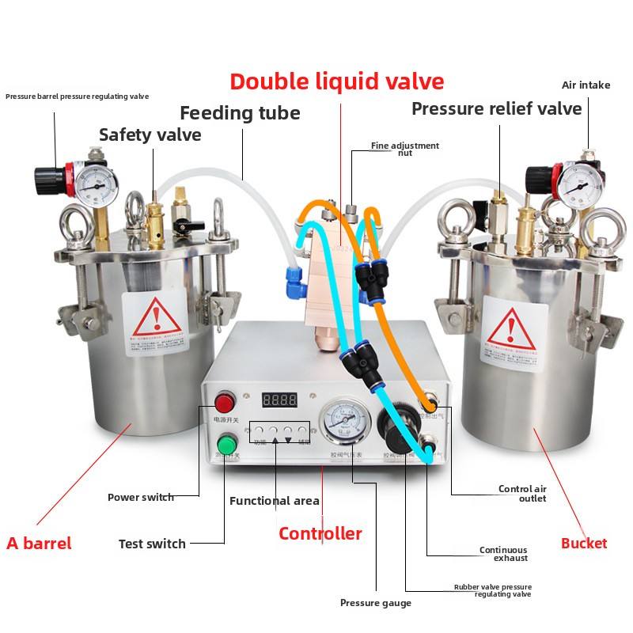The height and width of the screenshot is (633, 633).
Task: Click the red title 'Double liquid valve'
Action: click(337, 81)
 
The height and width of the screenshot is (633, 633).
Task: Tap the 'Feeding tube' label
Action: click(240, 113)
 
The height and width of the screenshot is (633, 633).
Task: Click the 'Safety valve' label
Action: click(150, 135)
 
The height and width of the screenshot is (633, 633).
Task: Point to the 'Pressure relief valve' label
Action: click(496, 108)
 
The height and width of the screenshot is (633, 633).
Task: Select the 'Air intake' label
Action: click(586, 85)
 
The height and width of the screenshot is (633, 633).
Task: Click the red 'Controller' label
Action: click(320, 534)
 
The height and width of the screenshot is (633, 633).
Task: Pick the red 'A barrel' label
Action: click(39, 544)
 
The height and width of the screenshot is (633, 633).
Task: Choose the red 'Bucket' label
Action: click(584, 544)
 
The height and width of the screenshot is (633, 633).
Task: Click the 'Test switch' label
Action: click(152, 544)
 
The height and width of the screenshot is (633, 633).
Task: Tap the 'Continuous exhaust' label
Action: click(503, 554)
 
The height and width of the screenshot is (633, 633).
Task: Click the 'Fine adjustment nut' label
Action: click(405, 149)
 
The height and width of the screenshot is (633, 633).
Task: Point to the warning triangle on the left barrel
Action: click(155, 320)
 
